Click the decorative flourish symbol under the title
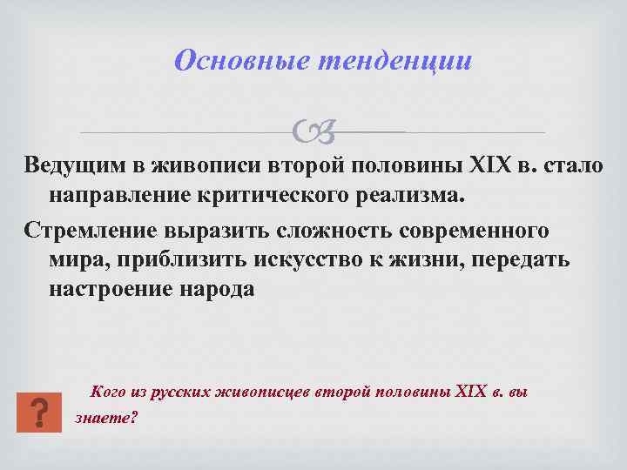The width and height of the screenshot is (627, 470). click(313, 132)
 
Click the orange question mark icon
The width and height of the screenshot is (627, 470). click(39, 412)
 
